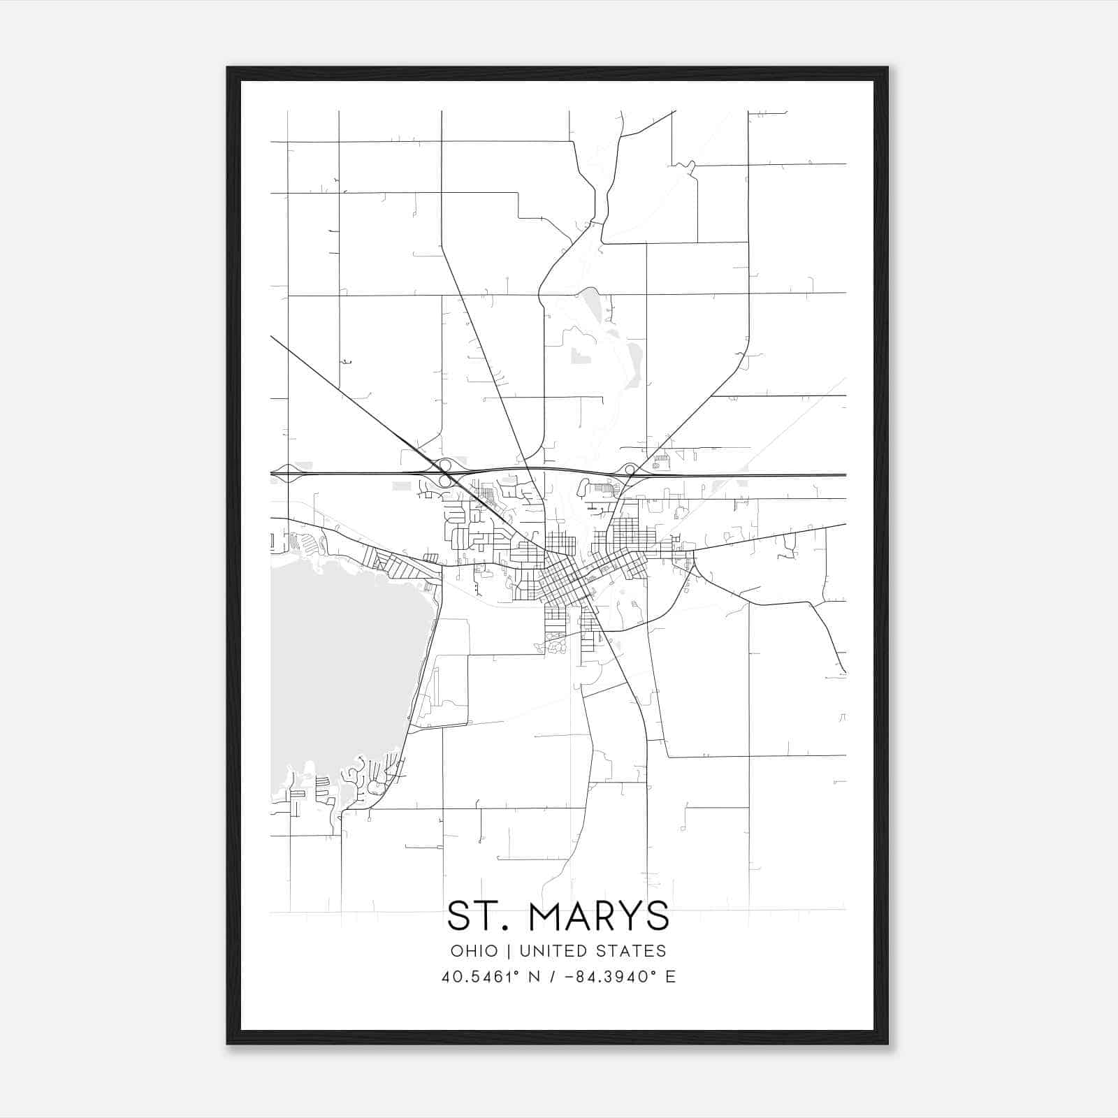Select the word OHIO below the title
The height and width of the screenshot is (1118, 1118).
tap(474, 951)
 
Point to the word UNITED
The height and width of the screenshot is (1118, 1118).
tap(552, 951)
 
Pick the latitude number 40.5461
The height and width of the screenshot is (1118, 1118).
tap(475, 977)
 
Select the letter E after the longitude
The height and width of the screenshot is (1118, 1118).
tap(671, 977)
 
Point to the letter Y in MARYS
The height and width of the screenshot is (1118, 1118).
tap(625, 916)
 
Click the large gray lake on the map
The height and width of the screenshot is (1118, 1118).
tap(342, 671)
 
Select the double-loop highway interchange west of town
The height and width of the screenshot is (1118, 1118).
tap(444, 473)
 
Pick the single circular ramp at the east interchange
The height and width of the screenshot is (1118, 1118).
tap(630, 469)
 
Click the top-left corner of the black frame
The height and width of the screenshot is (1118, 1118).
tap(228, 68)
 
